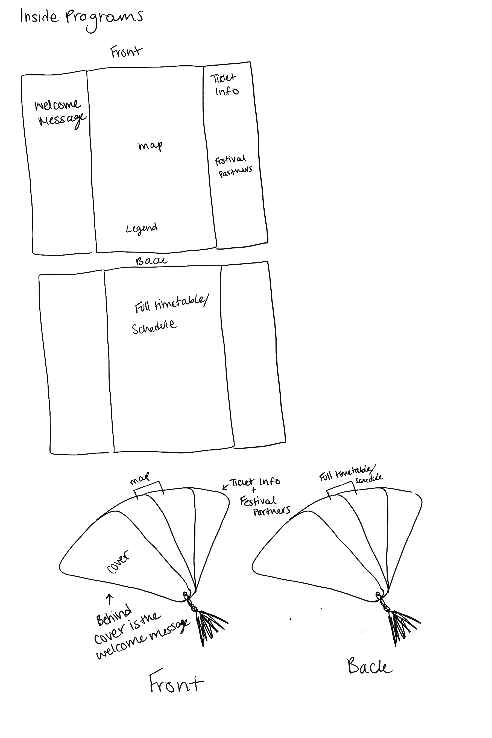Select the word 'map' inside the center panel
pyautogui.click(x=150, y=146)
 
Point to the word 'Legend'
pyautogui.click(x=142, y=229)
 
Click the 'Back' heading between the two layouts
pyautogui.click(x=151, y=261)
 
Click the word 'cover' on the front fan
pyautogui.click(x=118, y=561)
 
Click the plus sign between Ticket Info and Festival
pyautogui.click(x=254, y=490)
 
